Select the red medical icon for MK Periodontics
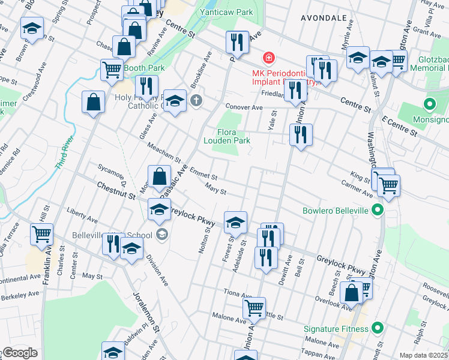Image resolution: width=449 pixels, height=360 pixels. [x=269, y=58]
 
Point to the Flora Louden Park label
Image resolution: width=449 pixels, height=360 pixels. [x=234, y=136]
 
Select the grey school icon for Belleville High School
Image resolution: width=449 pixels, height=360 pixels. [x=161, y=235]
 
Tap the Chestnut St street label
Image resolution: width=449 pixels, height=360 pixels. [x=114, y=192]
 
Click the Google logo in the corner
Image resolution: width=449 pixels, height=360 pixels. [x=19, y=353]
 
